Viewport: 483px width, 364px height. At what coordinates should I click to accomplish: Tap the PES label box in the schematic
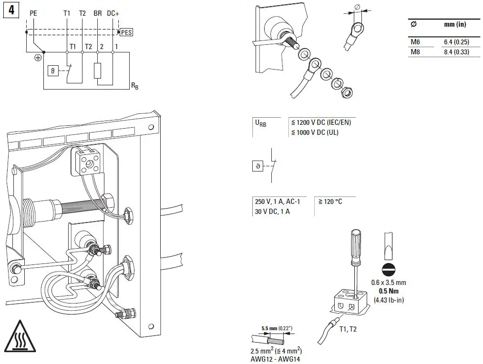[126, 32]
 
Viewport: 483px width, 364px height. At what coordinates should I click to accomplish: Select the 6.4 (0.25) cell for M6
[456, 42]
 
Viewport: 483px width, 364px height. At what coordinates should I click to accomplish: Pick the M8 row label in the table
[415, 52]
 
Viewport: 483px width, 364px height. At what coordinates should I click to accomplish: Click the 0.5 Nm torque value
[389, 291]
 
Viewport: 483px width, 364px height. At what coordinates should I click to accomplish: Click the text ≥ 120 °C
[330, 202]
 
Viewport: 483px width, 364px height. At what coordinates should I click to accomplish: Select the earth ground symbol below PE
[37, 58]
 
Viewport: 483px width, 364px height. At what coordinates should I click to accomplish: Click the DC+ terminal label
[113, 13]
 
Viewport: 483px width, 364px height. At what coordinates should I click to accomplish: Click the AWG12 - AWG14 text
[276, 359]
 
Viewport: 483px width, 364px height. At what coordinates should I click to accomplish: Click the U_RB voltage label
[261, 123]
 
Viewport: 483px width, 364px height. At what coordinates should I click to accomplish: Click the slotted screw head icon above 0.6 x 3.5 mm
[389, 269]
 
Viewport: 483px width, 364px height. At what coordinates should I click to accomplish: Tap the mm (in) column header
[455, 24]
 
